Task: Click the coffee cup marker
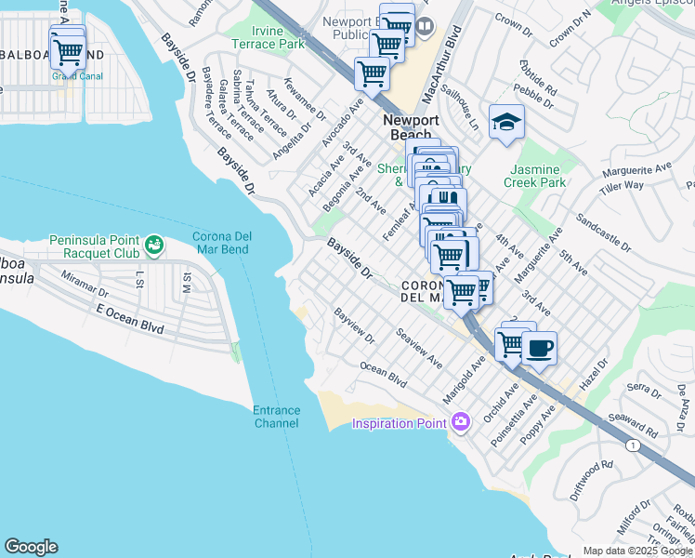[x=539, y=350]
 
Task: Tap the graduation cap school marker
[x=506, y=123]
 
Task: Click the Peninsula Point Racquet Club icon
[x=153, y=246]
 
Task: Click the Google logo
[x=31, y=547]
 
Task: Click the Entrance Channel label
[x=276, y=417]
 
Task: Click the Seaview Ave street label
[x=418, y=346]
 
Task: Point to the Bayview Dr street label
[x=354, y=326]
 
